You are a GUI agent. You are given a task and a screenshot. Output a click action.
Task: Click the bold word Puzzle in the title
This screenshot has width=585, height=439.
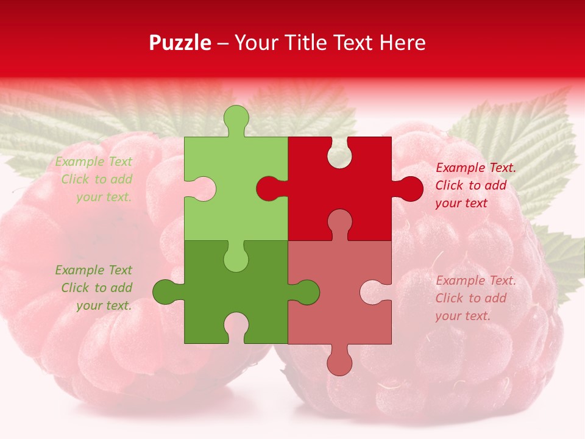pos(180,43)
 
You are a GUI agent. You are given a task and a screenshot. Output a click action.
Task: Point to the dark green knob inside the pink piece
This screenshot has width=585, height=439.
pos(306,292)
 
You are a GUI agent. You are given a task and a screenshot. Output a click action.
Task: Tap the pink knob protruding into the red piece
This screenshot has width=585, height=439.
pos(339,222)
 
